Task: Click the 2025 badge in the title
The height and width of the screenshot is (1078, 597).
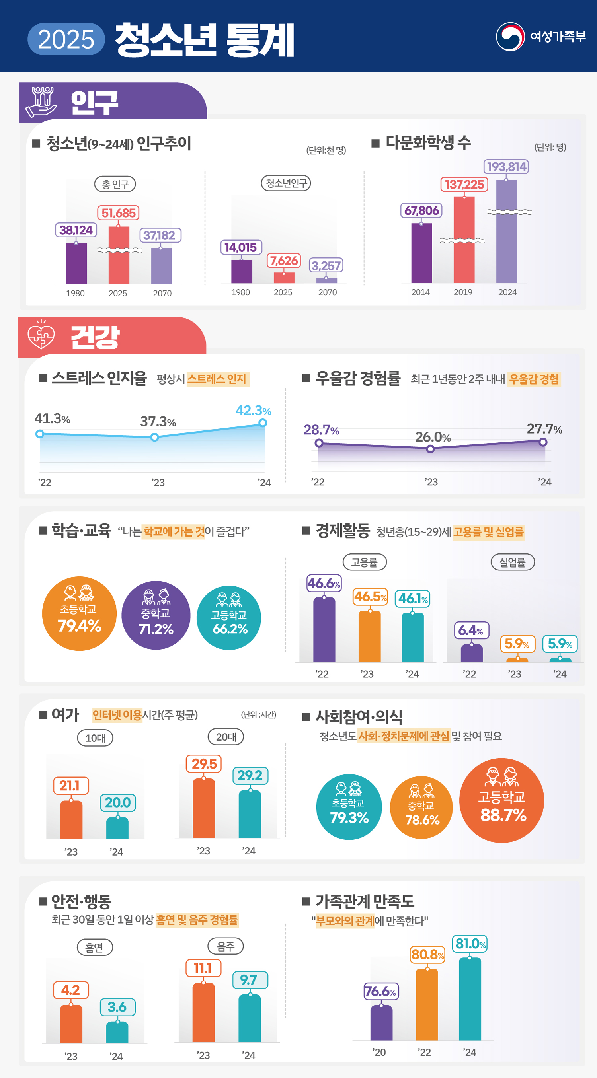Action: (x=66, y=39)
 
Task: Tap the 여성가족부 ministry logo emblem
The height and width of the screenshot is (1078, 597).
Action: (x=510, y=37)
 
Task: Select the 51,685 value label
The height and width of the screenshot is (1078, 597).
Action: (x=119, y=213)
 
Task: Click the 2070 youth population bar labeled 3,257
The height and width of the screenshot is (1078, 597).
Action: (x=326, y=280)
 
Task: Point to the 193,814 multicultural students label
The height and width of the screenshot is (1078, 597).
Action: (x=506, y=167)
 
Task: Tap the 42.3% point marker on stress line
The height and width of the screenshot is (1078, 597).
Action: (x=263, y=423)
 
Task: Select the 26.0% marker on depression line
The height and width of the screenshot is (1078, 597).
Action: (x=430, y=449)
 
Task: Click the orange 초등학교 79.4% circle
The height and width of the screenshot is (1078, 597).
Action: (x=79, y=613)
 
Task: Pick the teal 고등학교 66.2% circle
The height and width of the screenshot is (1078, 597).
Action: (x=228, y=617)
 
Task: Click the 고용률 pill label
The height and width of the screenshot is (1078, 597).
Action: (x=364, y=562)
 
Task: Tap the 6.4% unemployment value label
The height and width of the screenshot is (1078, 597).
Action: (x=471, y=630)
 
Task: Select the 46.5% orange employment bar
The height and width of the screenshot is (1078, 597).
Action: (x=369, y=636)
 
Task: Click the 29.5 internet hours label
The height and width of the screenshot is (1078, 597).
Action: (x=204, y=764)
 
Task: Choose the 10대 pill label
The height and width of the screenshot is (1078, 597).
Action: (x=95, y=738)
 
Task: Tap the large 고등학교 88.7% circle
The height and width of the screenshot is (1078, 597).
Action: (x=501, y=800)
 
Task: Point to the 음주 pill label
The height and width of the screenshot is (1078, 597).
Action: (x=226, y=946)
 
